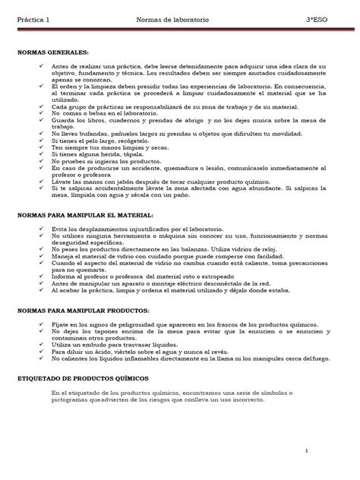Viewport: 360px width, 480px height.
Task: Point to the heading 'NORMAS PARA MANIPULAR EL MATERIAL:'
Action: click(x=90, y=216)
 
